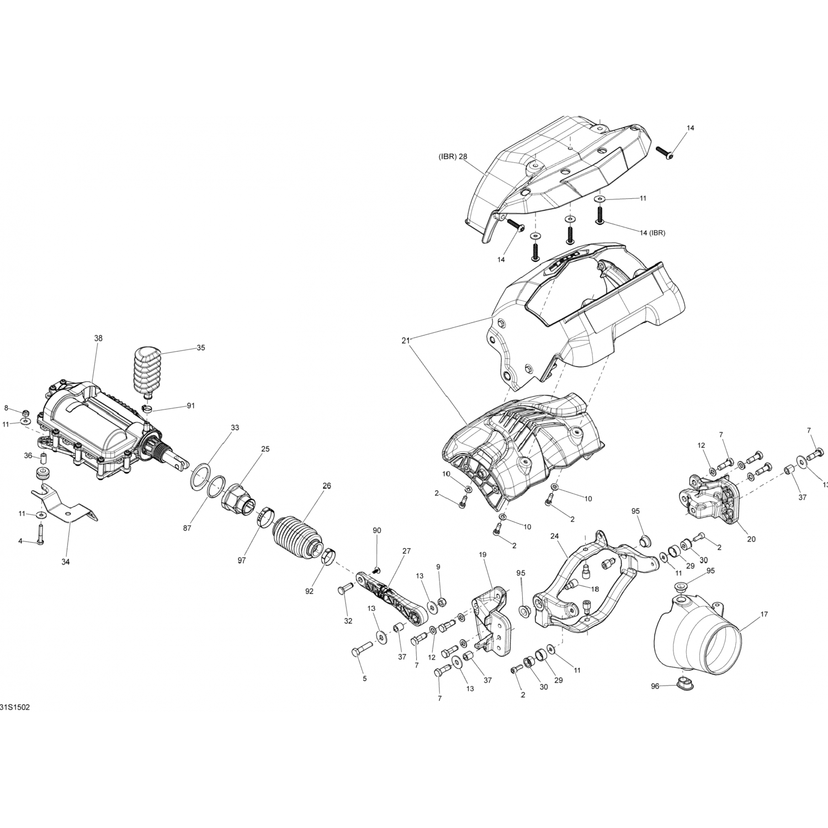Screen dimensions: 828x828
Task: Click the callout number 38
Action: pos(98,338)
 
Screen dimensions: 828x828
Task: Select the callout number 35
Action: pos(201,348)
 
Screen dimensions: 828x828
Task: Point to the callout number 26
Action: pos(327,486)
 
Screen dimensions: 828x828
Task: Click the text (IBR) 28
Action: pos(453,156)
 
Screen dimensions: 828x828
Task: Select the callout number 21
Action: pos(406,341)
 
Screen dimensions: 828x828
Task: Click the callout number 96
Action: pos(655,686)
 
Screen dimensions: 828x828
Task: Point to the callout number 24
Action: pos(555,535)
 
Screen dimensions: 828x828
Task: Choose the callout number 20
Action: pos(751,539)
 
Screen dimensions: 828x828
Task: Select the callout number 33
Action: pos(235,428)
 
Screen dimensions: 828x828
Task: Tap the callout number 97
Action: pos(242,561)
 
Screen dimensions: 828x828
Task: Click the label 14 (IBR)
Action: pos(652,232)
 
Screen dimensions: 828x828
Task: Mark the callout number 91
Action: pos(191,406)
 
